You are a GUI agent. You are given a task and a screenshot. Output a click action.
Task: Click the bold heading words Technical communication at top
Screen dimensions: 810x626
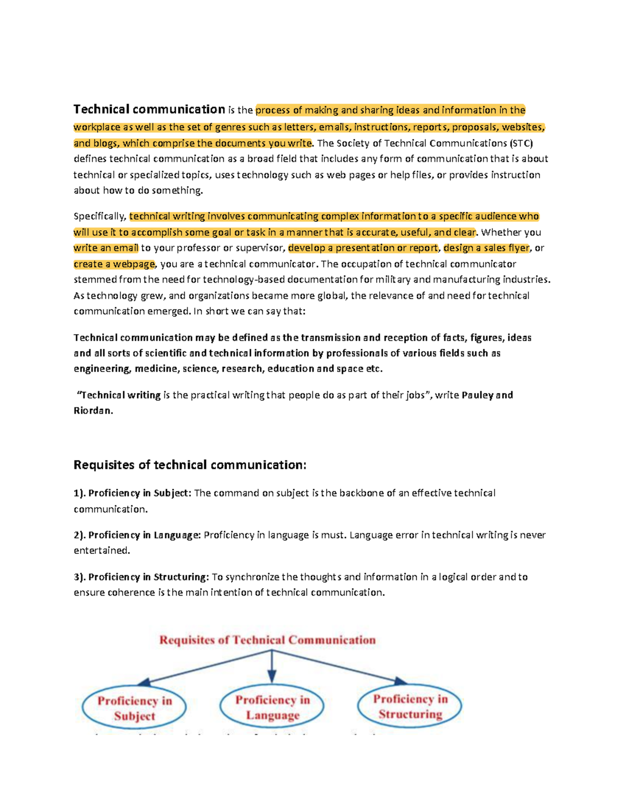(x=149, y=110)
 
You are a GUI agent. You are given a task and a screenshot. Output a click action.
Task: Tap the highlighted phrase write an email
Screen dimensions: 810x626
(x=106, y=248)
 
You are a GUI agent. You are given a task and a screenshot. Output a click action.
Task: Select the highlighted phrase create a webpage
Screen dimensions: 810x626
(x=114, y=264)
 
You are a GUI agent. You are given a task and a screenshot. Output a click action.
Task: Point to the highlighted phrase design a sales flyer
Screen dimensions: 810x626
(x=486, y=248)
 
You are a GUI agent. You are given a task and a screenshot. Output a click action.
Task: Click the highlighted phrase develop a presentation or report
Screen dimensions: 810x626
(x=363, y=248)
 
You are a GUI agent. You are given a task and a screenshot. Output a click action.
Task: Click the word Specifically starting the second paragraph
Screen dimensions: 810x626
(x=99, y=216)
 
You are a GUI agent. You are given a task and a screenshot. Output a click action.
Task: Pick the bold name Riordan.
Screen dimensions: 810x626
(x=93, y=410)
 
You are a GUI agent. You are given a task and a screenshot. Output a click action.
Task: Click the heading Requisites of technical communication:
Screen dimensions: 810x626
(x=190, y=465)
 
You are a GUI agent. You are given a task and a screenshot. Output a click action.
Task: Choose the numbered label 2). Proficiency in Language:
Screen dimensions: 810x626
(x=137, y=535)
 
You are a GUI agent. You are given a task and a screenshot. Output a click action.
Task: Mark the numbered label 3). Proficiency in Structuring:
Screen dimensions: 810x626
(x=141, y=577)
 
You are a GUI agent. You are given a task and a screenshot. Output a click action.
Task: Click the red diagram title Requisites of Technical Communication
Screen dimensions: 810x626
(x=267, y=640)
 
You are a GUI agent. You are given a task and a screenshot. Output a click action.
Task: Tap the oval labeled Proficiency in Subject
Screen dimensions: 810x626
(x=134, y=708)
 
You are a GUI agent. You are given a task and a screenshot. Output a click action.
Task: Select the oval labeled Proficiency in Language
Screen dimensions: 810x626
(x=272, y=707)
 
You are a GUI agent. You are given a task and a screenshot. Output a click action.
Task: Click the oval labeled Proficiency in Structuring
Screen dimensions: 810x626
(x=410, y=706)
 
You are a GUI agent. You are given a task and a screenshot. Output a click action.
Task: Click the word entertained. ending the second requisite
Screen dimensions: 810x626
(x=102, y=550)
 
